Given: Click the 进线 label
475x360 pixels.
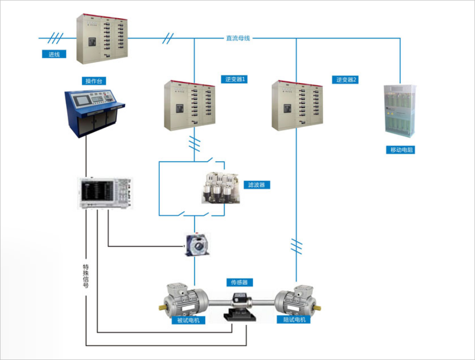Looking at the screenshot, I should point(54,54).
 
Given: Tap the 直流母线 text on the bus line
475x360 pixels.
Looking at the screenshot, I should point(238,38).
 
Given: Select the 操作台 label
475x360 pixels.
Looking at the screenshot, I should point(96,81).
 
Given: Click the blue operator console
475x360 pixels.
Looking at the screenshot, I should point(94,111).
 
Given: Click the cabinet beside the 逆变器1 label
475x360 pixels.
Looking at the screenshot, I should point(189,105).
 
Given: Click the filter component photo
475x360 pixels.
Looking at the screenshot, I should point(221,188).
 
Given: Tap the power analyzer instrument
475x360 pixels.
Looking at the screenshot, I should point(105,193).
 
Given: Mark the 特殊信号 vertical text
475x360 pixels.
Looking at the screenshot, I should point(86,276).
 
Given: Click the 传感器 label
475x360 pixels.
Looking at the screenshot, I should point(239,283).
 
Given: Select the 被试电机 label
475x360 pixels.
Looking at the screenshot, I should point(188,320).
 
